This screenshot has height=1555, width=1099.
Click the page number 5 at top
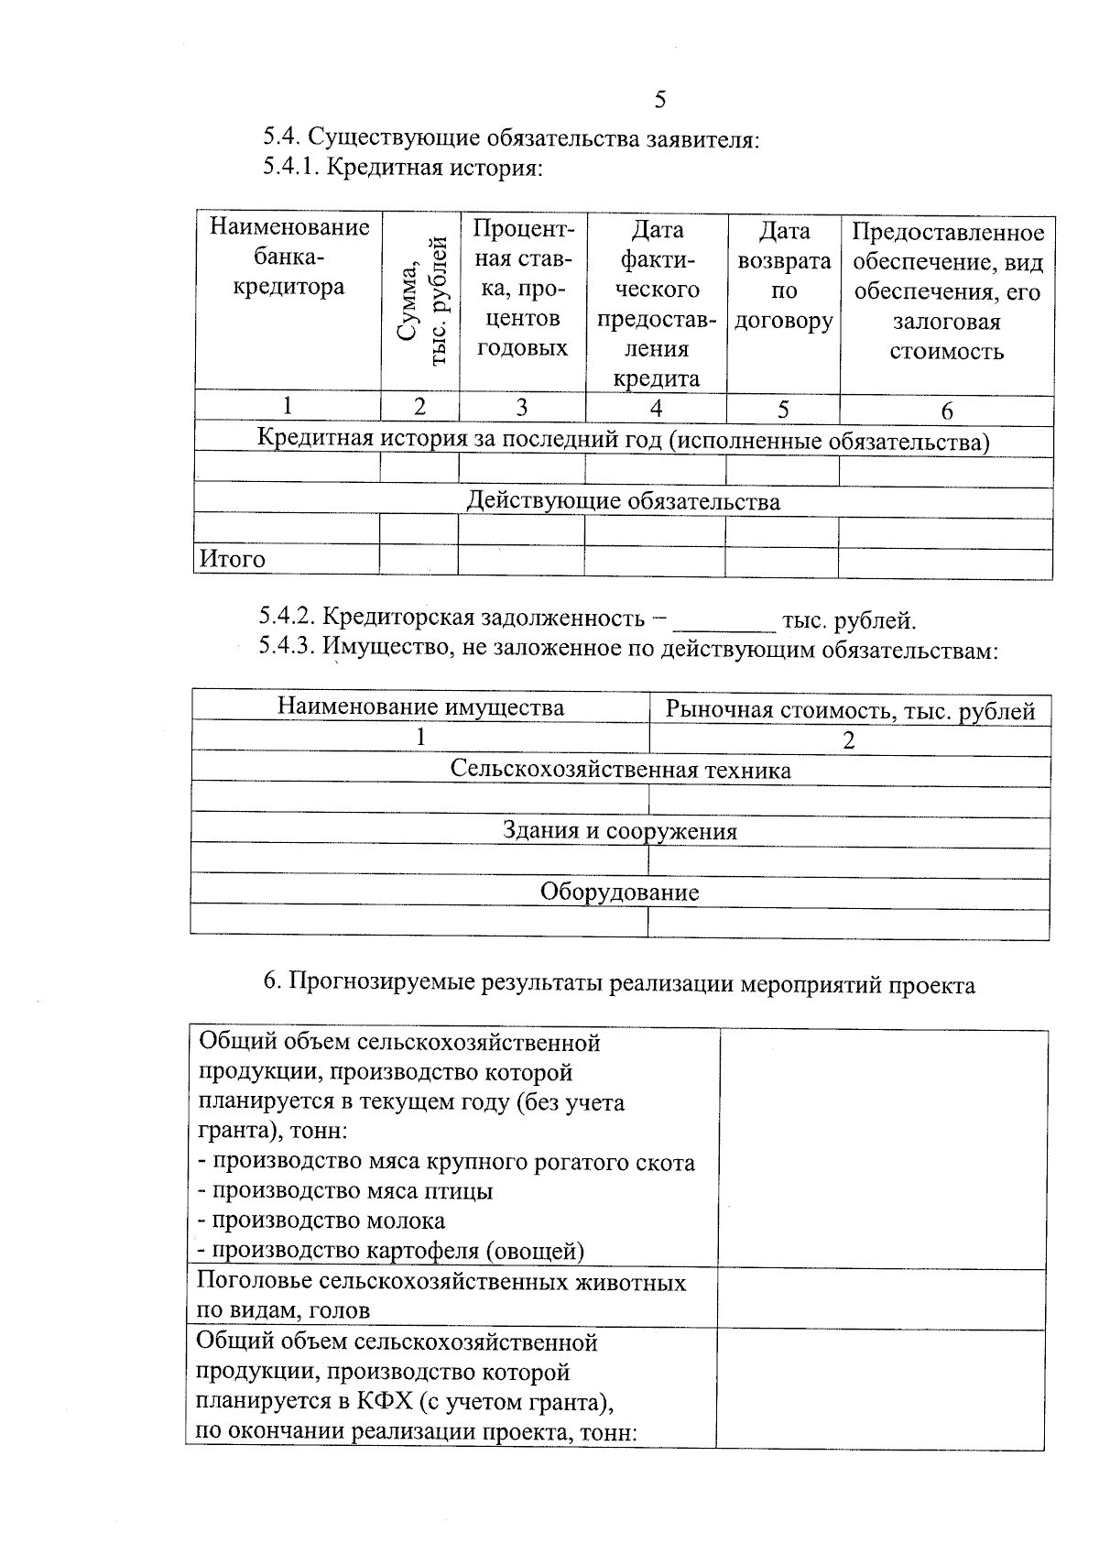click(x=660, y=100)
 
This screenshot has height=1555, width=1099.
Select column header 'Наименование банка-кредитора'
click(x=288, y=257)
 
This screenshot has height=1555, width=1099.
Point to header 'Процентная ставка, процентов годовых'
click(x=522, y=288)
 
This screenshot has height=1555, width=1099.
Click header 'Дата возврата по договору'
click(x=784, y=275)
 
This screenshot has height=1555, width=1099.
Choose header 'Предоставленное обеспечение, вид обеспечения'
click(x=947, y=290)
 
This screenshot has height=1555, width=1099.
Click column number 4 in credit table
click(x=656, y=409)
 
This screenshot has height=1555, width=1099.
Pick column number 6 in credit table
click(x=947, y=411)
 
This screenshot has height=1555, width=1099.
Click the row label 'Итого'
click(x=233, y=559)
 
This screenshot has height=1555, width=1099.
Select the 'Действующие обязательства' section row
click(x=624, y=501)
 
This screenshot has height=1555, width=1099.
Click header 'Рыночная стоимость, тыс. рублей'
click(x=850, y=710)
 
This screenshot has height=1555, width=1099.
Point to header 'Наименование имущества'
click(x=420, y=707)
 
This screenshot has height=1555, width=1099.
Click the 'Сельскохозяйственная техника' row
click(x=620, y=770)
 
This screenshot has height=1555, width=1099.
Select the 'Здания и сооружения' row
click(x=620, y=831)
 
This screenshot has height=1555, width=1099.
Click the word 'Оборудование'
click(x=619, y=892)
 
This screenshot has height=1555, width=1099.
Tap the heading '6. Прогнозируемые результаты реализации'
click(x=619, y=984)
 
